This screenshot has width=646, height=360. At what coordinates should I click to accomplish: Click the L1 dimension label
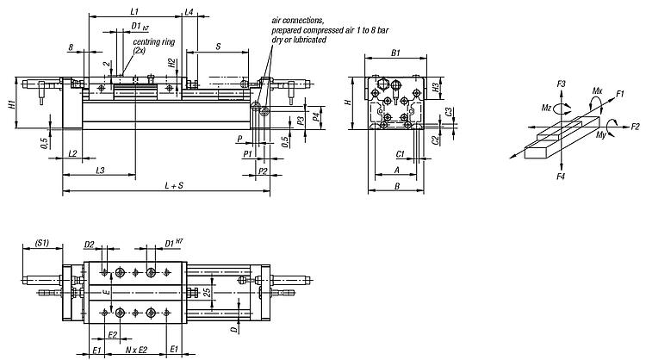[x=134, y=11]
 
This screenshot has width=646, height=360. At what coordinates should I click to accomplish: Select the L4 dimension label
[x=189, y=11]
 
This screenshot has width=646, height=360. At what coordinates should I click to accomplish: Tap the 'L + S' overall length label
[x=174, y=186]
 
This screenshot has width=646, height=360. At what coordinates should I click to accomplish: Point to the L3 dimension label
[x=100, y=171]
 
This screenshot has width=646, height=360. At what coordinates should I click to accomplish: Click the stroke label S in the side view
[x=218, y=47]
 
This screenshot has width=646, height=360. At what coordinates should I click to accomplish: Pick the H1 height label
[x=11, y=104]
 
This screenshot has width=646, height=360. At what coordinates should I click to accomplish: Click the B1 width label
[x=395, y=53]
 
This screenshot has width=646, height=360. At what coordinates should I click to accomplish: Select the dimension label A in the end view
[x=397, y=170]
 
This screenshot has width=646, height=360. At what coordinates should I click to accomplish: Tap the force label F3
[x=561, y=84]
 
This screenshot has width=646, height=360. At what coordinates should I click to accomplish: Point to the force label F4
[x=561, y=177]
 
